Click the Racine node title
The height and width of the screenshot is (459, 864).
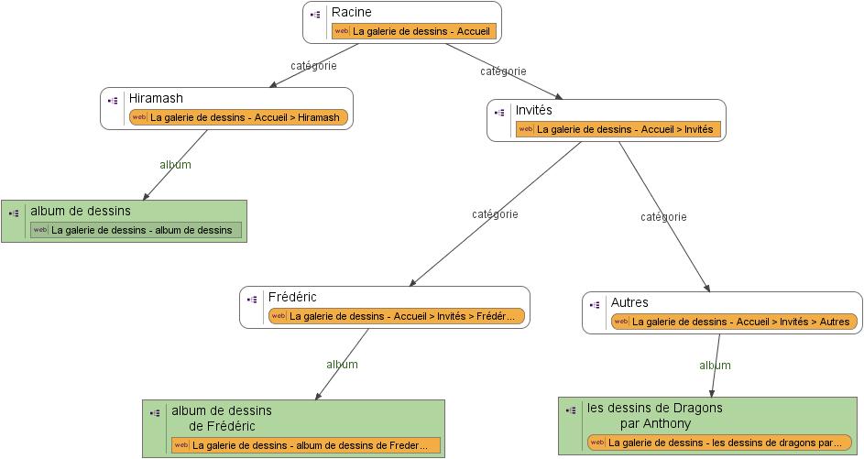point(352,13)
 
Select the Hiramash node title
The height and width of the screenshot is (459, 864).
point(156,98)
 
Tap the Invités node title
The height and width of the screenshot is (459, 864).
point(534,110)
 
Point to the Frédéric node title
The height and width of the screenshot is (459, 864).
point(292,297)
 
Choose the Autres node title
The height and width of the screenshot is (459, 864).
point(629,302)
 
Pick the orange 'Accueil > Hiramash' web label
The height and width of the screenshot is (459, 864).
point(238,117)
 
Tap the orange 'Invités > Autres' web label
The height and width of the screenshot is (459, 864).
point(734,322)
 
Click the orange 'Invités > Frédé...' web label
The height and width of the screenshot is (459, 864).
point(397,317)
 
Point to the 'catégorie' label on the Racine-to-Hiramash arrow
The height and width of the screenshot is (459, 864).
point(313,66)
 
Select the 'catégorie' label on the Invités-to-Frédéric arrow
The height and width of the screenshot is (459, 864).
point(495,214)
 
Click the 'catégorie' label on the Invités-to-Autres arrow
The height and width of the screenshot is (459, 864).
point(663,217)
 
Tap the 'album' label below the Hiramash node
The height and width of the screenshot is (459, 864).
point(175,165)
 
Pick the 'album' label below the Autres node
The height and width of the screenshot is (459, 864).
point(715,366)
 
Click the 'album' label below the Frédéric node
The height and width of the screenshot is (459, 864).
point(342,365)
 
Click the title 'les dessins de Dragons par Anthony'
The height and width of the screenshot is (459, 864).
point(654,416)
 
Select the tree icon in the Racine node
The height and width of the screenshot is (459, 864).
point(315,15)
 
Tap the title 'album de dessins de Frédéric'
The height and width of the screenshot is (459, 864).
point(221,418)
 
